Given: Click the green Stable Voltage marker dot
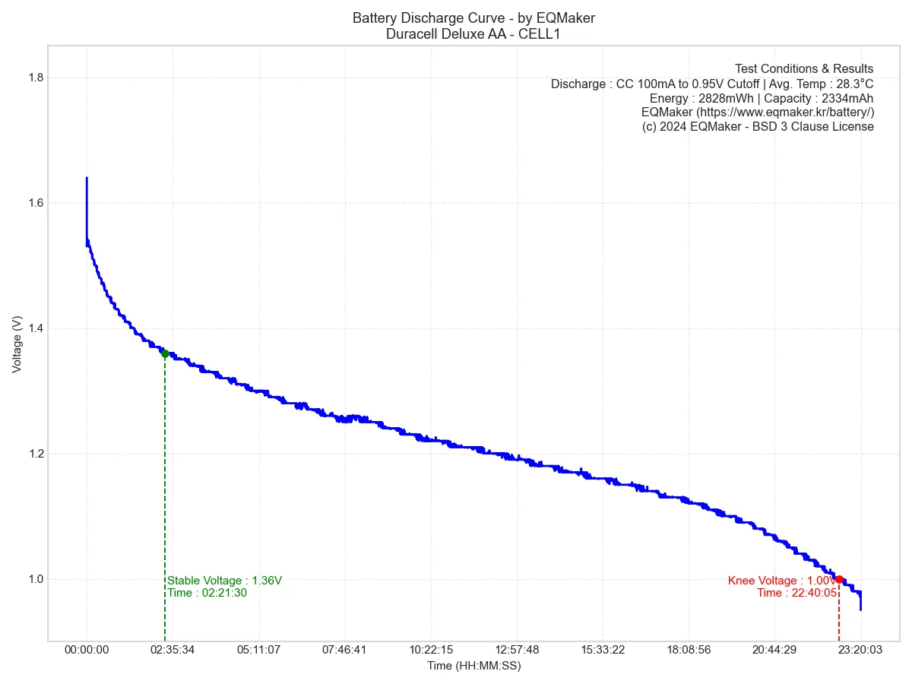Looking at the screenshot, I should tap(165, 353).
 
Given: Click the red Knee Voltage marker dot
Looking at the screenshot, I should tap(839, 579).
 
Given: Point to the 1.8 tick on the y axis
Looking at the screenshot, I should tap(35, 78).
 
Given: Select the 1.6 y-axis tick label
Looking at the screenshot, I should tap(35, 204).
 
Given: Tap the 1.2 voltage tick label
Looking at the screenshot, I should tap(35, 454).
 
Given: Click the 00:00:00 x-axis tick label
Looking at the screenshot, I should tap(87, 650).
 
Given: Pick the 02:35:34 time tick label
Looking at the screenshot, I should tap(173, 650).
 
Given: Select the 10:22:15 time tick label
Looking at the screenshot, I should tap(430, 650).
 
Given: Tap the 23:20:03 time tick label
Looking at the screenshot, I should tap(860, 650).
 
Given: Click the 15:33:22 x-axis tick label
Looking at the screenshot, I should tap(602, 650).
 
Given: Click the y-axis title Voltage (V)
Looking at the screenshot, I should tap(17, 344).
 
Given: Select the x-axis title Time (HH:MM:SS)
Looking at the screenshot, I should tap(473, 666).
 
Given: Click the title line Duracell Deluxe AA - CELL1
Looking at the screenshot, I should tap(473, 33).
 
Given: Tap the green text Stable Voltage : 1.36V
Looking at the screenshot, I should tap(224, 581).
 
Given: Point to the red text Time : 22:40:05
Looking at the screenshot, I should tap(796, 593).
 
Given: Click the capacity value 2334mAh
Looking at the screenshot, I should tap(847, 98).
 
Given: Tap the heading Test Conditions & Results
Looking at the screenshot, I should tap(804, 69).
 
